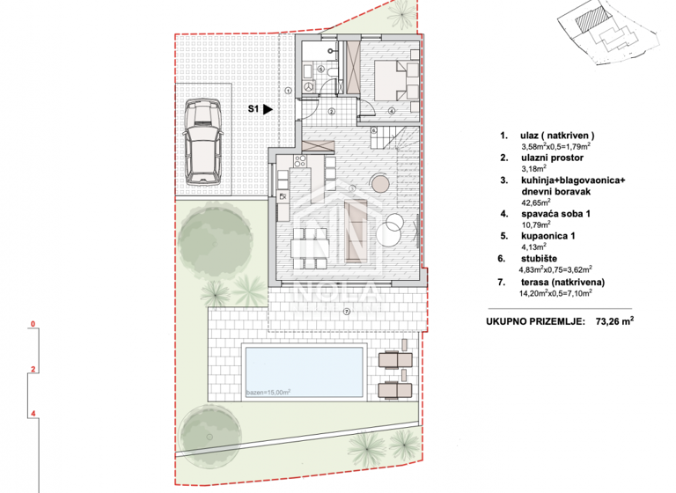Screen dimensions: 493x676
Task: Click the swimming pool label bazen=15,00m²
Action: point(268,392)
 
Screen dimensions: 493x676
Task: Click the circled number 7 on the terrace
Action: point(347,312)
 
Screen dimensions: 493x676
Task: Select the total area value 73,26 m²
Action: point(614,322)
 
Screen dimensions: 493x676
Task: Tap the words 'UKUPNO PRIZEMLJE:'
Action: point(533,322)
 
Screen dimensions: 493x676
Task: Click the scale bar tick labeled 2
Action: point(32,369)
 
